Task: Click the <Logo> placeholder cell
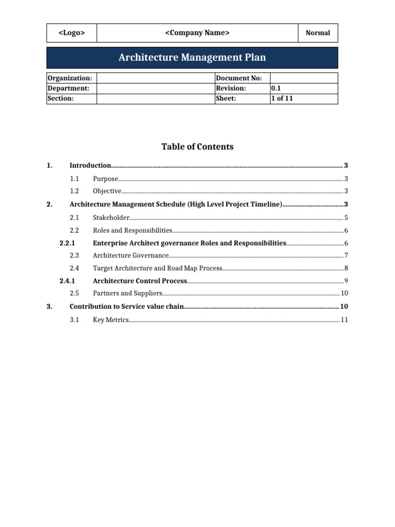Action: (x=71, y=33)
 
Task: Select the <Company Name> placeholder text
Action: (x=197, y=33)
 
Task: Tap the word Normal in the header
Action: (x=318, y=33)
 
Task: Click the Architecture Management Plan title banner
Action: (x=192, y=58)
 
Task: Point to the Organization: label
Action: (x=70, y=78)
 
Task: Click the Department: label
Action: (x=68, y=89)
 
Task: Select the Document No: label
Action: (x=239, y=78)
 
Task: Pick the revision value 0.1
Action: (x=276, y=89)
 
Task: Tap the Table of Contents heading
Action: (x=197, y=147)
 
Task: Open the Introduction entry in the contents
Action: (x=91, y=166)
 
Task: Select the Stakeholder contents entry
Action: (x=111, y=217)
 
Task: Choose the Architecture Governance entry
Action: (x=131, y=255)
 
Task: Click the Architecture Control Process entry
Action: (x=139, y=281)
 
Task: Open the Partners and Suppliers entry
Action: (x=128, y=293)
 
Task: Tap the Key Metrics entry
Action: (x=111, y=320)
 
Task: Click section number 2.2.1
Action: (x=67, y=243)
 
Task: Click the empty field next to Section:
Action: (x=155, y=99)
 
